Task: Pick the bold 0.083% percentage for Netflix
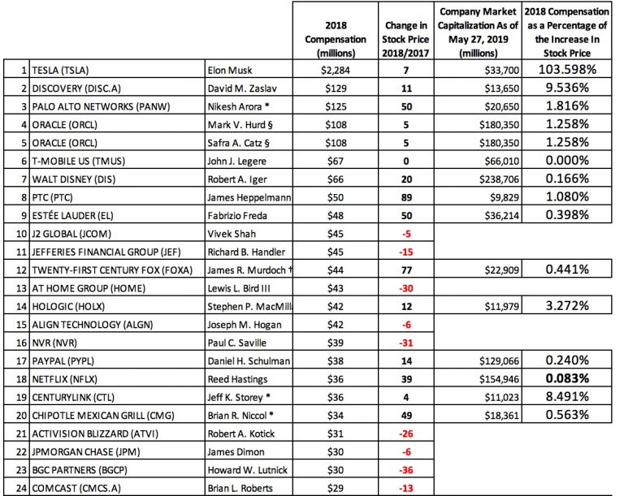(557, 377)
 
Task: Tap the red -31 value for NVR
(404, 342)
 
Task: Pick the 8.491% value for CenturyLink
(557, 395)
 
